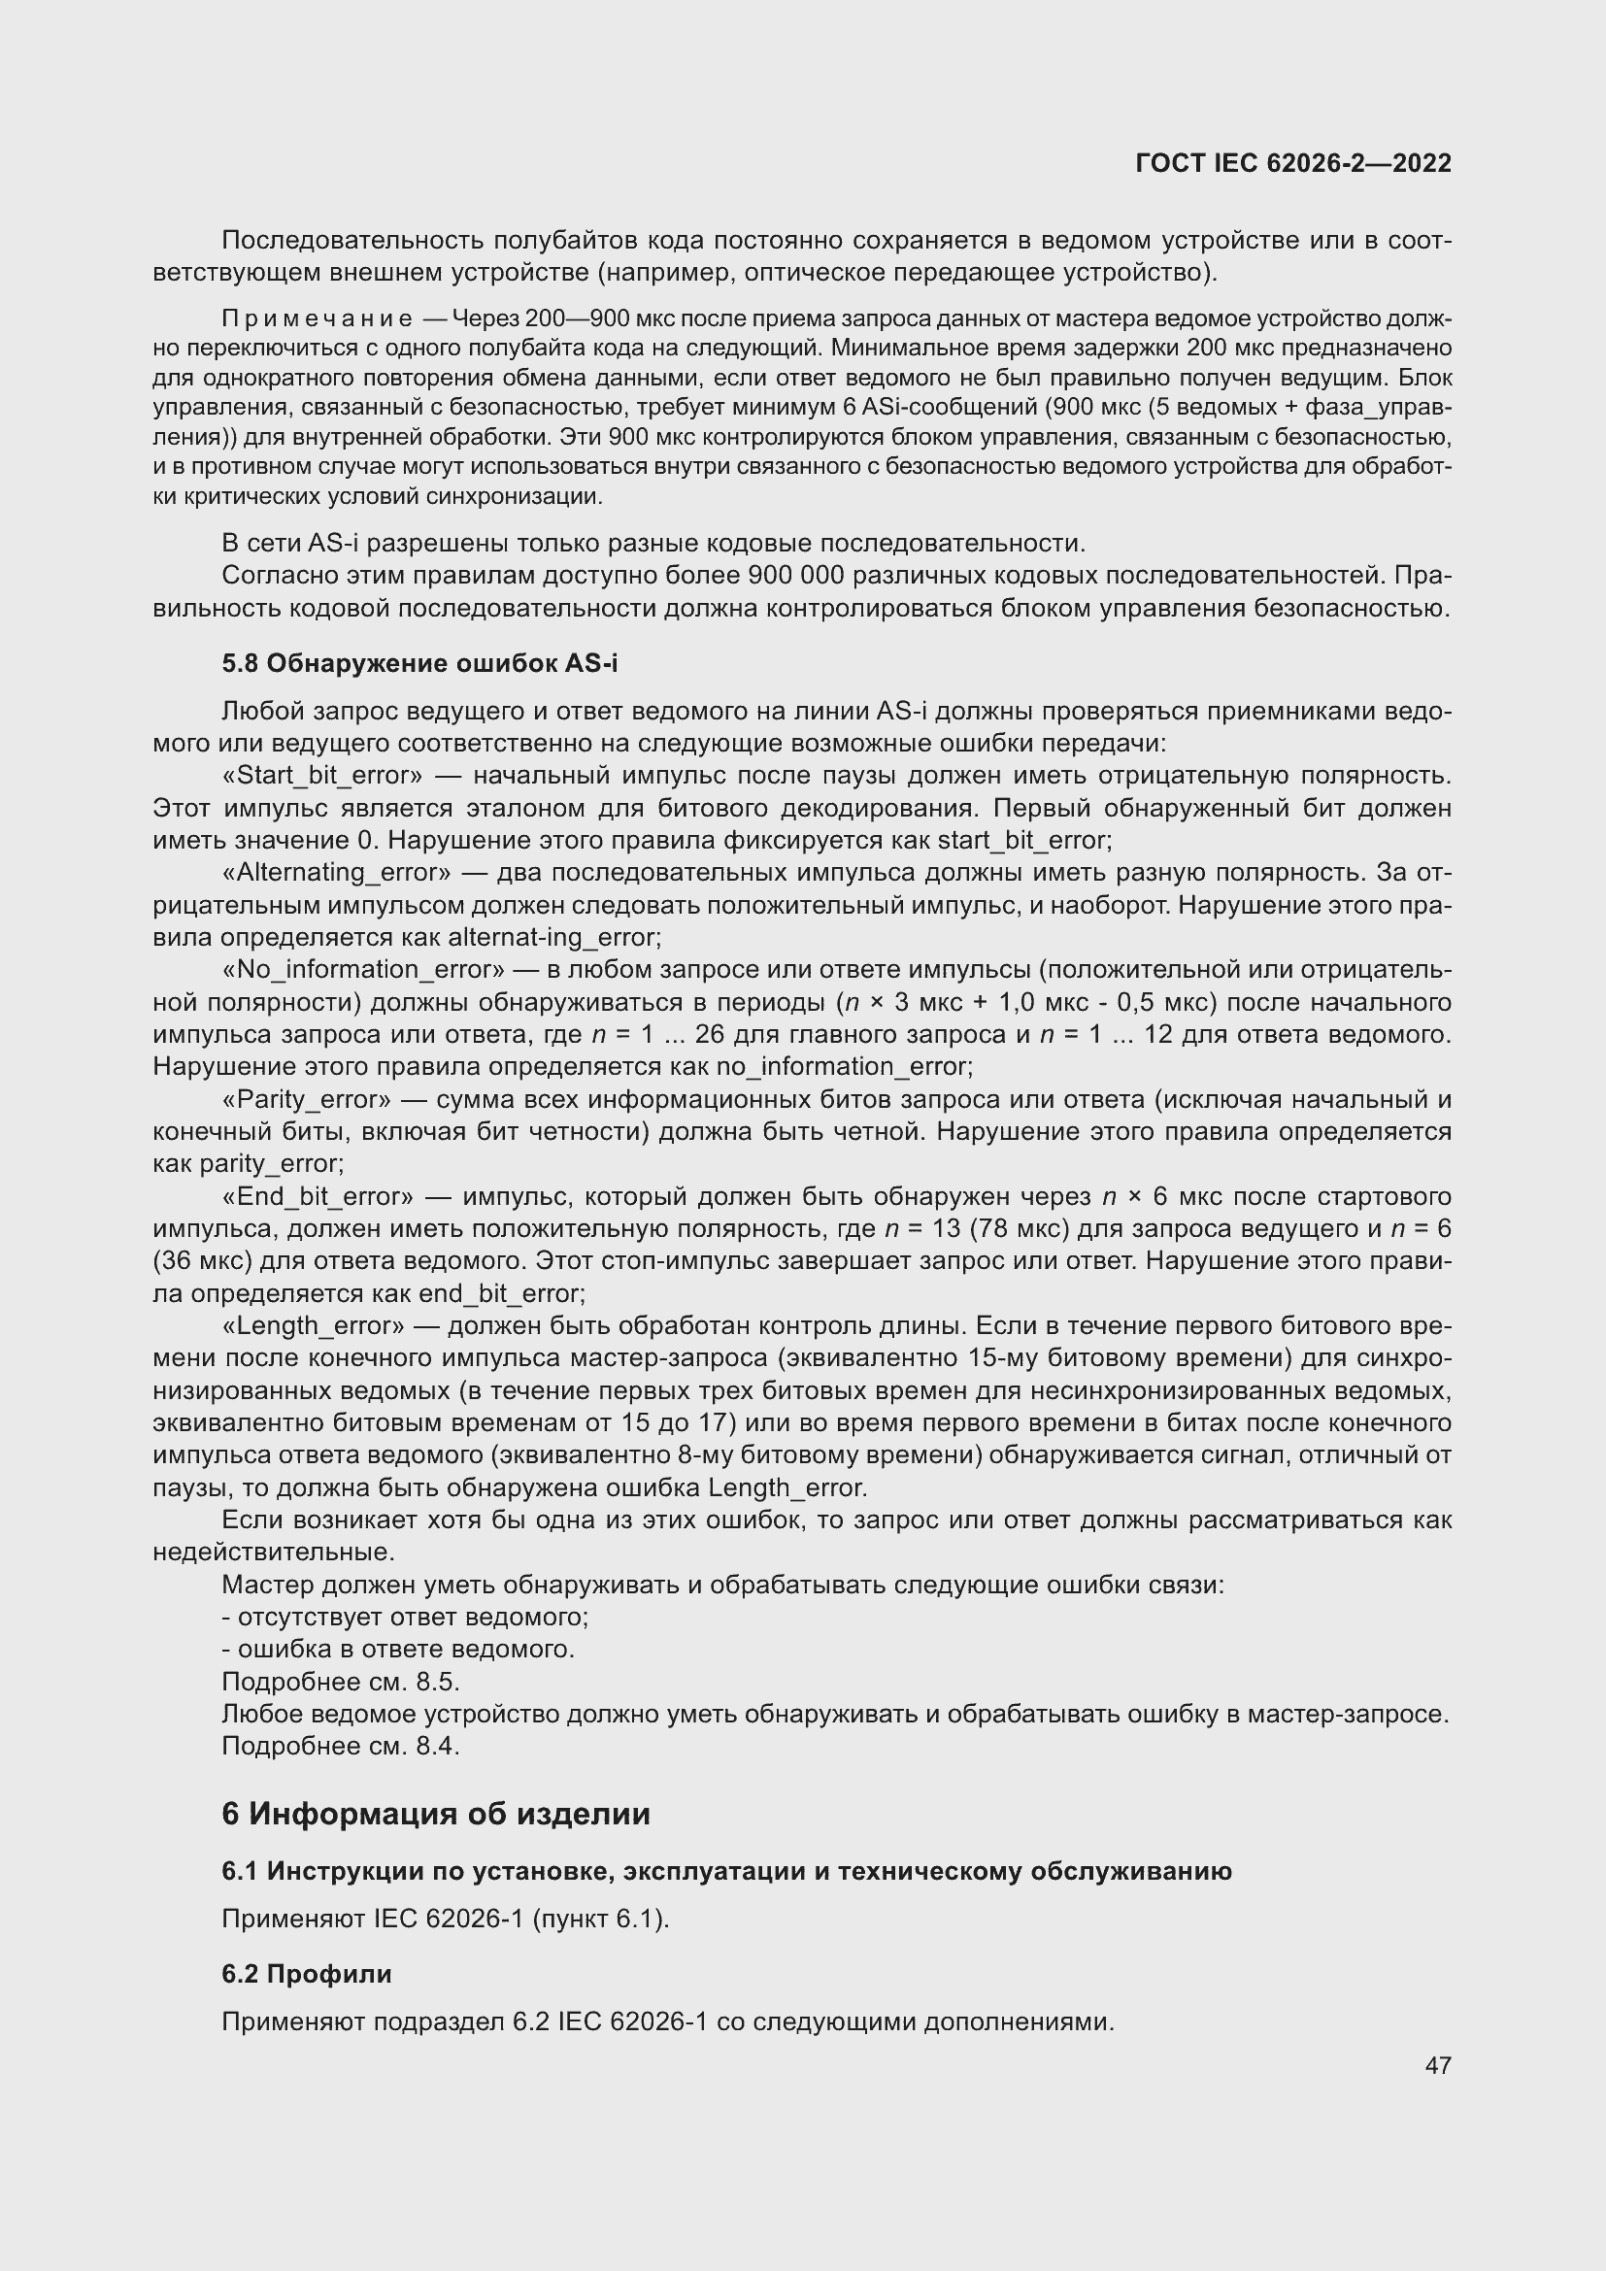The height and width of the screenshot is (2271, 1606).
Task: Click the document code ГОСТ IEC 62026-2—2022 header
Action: pos(1292,163)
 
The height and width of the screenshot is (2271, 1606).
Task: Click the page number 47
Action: pos(1438,2065)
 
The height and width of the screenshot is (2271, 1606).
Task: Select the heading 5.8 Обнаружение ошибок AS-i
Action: pos(419,664)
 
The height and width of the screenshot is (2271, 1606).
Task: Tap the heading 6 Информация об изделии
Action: pos(436,1814)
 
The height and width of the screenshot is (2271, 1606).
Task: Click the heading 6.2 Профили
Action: pos(307,1973)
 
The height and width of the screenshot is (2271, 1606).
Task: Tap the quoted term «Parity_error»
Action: pos(307,1099)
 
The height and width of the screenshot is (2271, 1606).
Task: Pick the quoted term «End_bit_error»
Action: pos(318,1197)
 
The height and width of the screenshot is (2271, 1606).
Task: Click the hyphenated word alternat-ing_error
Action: pos(553,938)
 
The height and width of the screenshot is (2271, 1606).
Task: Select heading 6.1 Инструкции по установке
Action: pos(726,1871)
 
